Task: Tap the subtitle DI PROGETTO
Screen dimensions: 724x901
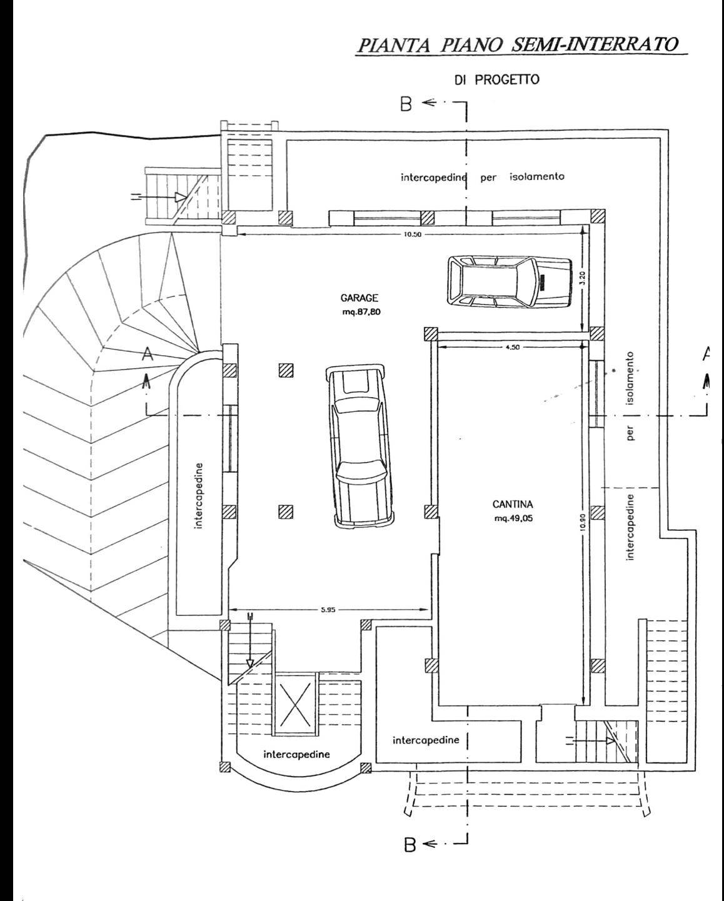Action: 497,80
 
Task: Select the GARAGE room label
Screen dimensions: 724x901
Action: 359,298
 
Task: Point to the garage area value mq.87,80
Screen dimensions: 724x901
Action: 361,312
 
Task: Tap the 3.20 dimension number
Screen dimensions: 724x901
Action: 585,278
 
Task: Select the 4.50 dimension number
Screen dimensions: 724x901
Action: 511,346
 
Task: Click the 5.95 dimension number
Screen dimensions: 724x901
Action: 328,610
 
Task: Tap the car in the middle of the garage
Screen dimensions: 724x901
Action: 360,445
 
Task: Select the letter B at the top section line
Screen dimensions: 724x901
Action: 406,104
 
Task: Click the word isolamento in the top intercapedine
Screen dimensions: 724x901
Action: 536,176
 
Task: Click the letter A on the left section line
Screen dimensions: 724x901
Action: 147,355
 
